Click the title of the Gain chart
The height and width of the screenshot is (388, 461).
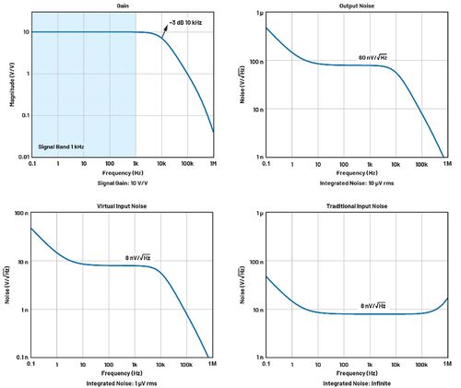(x=122, y=6)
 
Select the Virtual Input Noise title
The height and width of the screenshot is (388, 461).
(x=122, y=206)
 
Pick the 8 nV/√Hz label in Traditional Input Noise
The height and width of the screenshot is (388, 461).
(x=373, y=304)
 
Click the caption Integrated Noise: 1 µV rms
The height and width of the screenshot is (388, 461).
(x=122, y=382)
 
